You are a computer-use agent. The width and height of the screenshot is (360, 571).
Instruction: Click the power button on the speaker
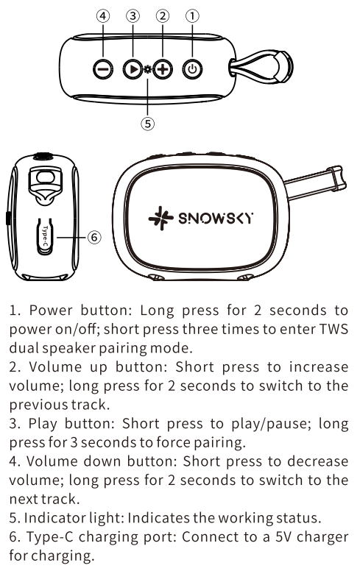pyautogui.click(x=192, y=69)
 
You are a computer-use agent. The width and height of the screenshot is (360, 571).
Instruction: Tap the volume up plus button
pyautogui.click(x=163, y=69)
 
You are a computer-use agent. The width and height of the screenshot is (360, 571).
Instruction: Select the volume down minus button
pyautogui.click(x=103, y=69)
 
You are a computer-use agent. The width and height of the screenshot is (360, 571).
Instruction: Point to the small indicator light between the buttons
pyautogui.click(x=147, y=69)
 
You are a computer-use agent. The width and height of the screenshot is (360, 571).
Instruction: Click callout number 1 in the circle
pyautogui.click(x=192, y=15)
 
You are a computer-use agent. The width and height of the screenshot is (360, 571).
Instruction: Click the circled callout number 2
pyautogui.click(x=163, y=15)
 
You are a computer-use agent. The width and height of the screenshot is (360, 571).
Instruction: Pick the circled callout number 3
pyautogui.click(x=133, y=15)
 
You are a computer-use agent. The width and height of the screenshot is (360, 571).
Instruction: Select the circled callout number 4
pyautogui.click(x=103, y=15)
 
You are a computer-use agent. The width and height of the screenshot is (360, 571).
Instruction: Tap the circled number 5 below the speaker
pyautogui.click(x=147, y=124)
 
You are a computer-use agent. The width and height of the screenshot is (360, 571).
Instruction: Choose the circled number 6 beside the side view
pyautogui.click(x=94, y=237)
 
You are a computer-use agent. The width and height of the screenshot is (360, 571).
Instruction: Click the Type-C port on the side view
pyautogui.click(x=46, y=237)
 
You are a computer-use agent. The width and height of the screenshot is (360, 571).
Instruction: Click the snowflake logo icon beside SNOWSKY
pyautogui.click(x=160, y=218)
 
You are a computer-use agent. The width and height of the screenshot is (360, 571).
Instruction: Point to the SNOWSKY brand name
pyautogui.click(x=216, y=218)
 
